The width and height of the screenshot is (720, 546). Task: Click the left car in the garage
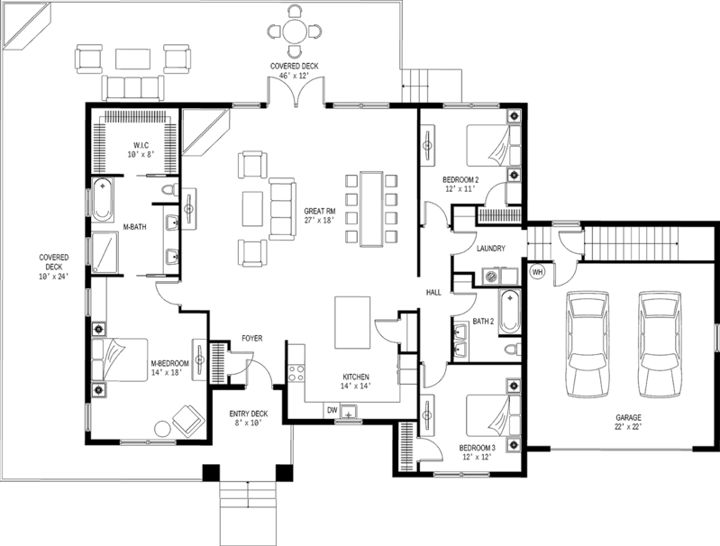click(x=588, y=343)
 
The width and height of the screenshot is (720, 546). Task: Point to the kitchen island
click(x=351, y=323)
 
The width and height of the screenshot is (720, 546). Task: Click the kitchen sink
click(x=348, y=413)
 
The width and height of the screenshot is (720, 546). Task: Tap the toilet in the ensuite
click(x=172, y=191)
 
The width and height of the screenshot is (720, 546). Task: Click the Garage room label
click(x=627, y=420)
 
